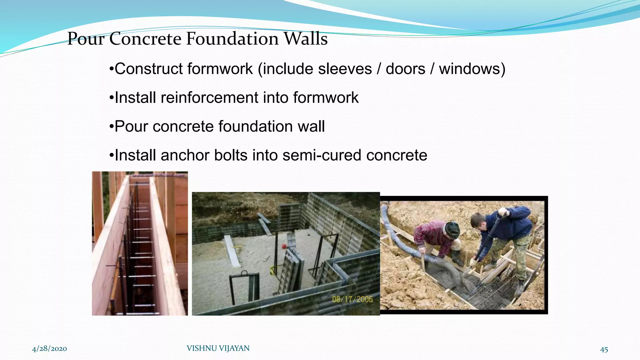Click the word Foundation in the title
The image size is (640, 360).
click(x=232, y=39)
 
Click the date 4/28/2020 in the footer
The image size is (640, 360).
click(x=49, y=349)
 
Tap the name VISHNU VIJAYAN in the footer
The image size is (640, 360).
click(x=218, y=348)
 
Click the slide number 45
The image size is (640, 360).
click(x=604, y=349)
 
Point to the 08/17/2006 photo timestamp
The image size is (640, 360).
click(x=352, y=299)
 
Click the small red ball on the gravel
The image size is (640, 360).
click(x=284, y=246)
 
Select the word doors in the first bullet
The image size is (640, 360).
click(x=405, y=69)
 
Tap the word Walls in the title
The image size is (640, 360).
click(x=306, y=39)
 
